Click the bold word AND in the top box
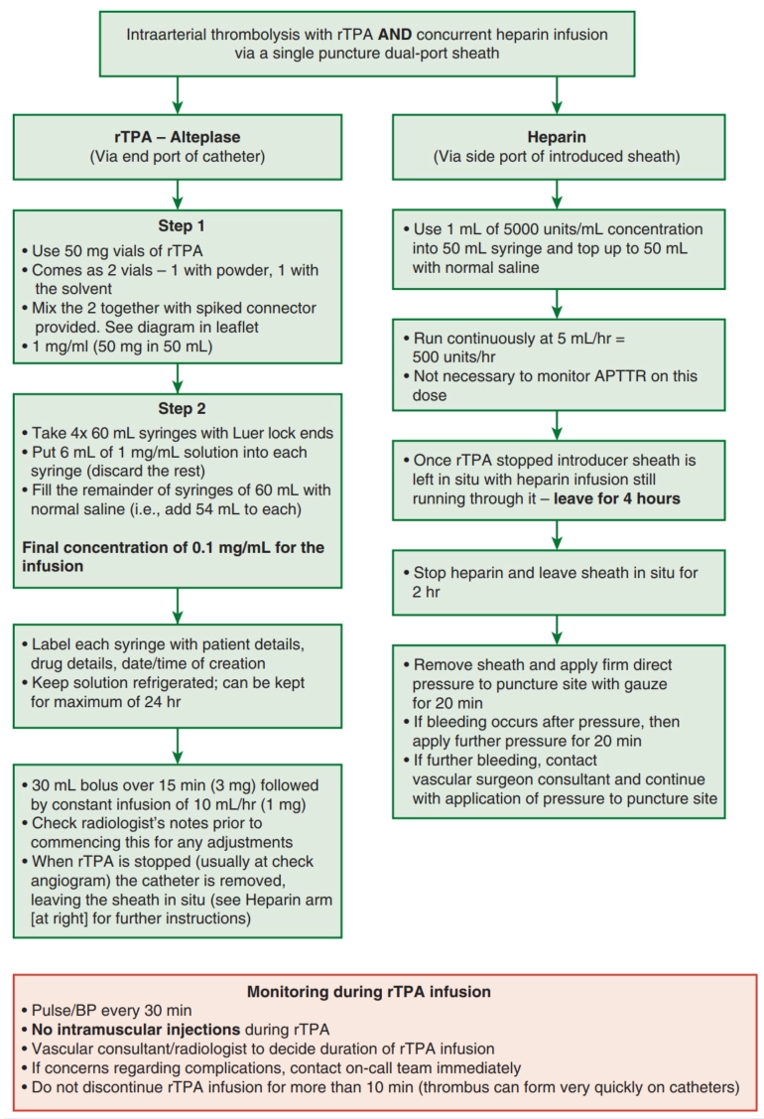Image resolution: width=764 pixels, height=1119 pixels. [395, 34]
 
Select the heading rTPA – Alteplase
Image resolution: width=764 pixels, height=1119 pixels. [178, 137]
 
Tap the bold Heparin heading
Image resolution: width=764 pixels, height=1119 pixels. [557, 137]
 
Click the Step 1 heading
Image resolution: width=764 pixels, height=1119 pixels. [182, 225]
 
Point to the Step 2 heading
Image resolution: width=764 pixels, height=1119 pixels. [182, 408]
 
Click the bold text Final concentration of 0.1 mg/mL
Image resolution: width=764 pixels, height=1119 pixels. [143, 547]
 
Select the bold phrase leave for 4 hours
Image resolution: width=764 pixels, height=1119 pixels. [617, 498]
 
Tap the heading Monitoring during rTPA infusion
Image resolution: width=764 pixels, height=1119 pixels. [369, 991]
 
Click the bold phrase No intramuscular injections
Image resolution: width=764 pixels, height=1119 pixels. [136, 1029]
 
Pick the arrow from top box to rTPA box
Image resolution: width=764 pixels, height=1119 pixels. [178, 95]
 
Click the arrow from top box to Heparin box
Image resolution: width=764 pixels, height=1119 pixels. [557, 95]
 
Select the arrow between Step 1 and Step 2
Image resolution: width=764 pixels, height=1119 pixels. [178, 378]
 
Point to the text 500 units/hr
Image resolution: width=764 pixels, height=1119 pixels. [453, 356]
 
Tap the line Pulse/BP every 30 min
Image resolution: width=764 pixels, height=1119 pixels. [111, 1010]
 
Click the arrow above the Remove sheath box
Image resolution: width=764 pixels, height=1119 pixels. [557, 630]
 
